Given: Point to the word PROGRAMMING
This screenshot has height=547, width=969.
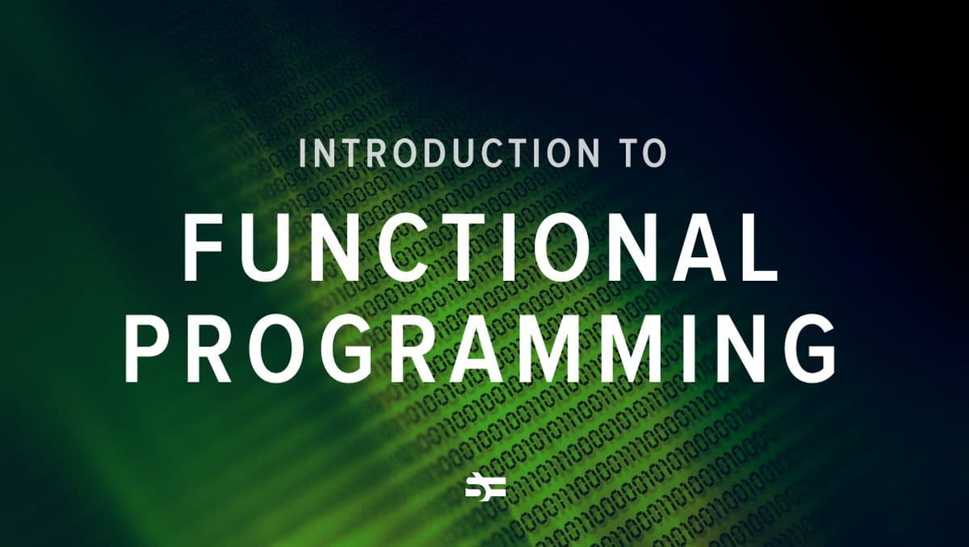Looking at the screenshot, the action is [x=480, y=349].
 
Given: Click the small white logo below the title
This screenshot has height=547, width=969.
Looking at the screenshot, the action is [x=485, y=487].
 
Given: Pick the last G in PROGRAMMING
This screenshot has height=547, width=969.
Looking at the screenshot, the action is [x=807, y=349].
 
